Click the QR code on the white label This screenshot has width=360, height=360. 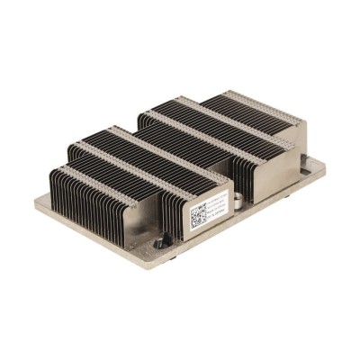(199, 217)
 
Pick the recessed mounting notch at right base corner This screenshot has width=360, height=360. (311, 164)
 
